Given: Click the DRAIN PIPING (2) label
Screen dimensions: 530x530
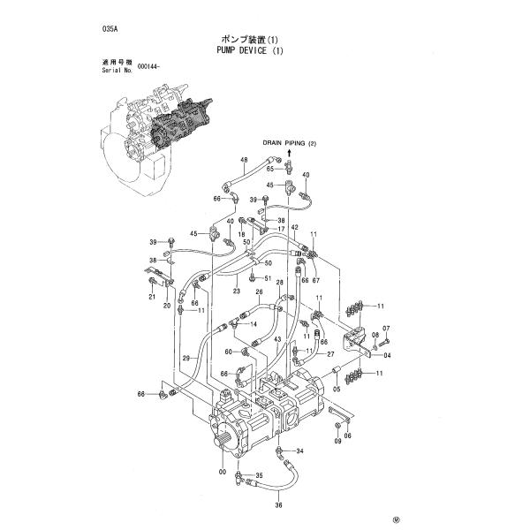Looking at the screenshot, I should [288, 142].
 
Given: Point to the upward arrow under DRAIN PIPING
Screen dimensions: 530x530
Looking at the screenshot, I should [288, 153].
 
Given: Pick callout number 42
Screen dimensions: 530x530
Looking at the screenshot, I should [294, 228].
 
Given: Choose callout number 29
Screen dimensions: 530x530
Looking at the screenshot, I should [186, 358].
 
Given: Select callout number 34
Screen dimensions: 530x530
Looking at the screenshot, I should [299, 450].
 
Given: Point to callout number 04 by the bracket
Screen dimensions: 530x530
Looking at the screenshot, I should [386, 356].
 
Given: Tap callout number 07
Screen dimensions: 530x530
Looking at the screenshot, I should [386, 329].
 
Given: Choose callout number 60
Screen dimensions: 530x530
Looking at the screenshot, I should [228, 352].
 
